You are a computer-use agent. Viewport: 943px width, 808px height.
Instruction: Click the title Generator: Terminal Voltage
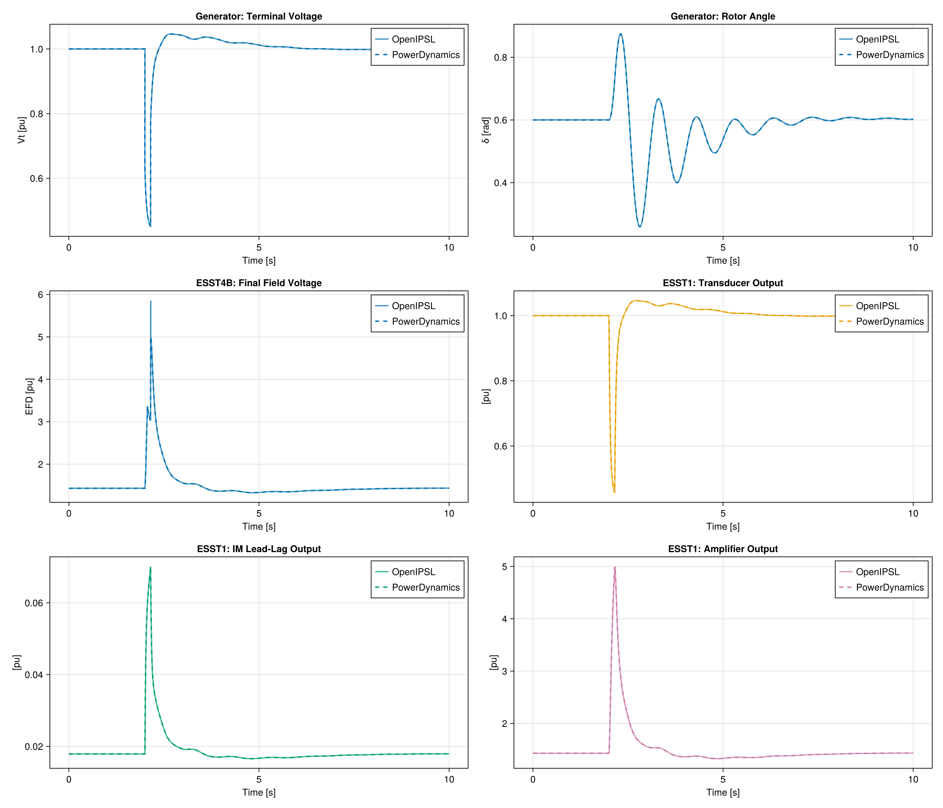(259, 16)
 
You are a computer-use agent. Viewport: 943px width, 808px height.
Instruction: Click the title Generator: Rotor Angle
(723, 16)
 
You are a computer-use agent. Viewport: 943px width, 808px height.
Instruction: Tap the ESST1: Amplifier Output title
(723, 549)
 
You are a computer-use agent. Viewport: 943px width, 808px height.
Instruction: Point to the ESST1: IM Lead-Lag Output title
(259, 549)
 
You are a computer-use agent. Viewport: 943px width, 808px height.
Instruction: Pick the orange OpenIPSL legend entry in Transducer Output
(877, 306)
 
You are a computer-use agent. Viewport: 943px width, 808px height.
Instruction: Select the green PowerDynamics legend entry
(426, 587)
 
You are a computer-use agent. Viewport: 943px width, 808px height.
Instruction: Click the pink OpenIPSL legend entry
(877, 572)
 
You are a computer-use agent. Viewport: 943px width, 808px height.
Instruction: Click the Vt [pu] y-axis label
(22, 130)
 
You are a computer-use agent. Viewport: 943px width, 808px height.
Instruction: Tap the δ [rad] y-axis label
(486, 130)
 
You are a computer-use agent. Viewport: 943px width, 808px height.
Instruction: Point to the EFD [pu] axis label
(29, 396)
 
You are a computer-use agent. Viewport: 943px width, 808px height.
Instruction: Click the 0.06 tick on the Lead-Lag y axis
(34, 603)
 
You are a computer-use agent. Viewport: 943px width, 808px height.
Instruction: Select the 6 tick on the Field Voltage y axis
(40, 295)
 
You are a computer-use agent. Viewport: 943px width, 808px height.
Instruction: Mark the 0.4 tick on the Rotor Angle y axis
(500, 183)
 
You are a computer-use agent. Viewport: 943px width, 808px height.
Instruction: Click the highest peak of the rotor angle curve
(620, 34)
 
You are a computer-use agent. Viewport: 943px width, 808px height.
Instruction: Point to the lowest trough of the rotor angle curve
(640, 227)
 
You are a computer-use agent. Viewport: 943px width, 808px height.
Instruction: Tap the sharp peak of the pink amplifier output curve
(615, 567)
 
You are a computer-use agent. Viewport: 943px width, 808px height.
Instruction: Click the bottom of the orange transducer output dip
(614, 492)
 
